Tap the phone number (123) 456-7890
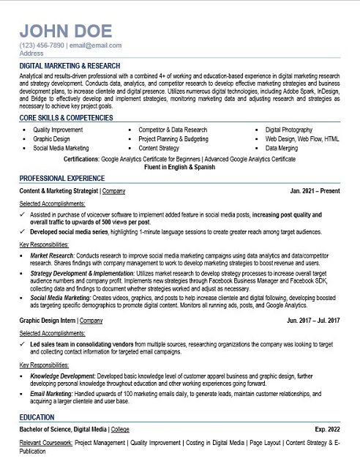tap(42, 45)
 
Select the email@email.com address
tap(93, 45)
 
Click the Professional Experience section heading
tap(62, 178)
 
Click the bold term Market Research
tap(56, 256)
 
